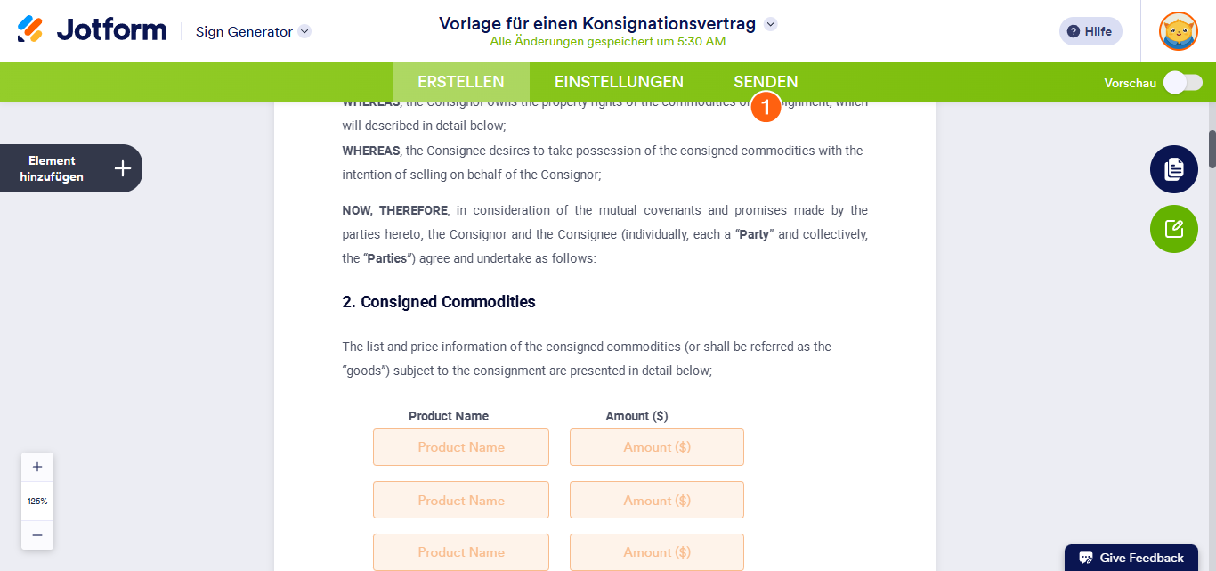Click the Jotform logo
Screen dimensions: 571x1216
point(92,30)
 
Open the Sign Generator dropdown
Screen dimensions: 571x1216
point(304,31)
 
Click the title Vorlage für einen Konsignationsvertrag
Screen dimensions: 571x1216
point(597,23)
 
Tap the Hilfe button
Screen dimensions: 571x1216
point(1090,31)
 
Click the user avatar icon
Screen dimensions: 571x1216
point(1178,31)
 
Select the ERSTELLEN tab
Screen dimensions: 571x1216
point(461,82)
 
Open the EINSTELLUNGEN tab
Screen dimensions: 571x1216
point(619,82)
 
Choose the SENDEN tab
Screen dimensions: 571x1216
point(766,82)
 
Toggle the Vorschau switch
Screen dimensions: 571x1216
point(1183,83)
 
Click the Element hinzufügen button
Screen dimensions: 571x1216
point(70,168)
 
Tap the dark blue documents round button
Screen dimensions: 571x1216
point(1173,169)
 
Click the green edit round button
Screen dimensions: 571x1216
point(1173,229)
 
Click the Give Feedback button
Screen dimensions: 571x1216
point(1131,558)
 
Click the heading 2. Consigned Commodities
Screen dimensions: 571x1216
point(439,302)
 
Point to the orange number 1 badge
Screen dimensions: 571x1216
point(766,107)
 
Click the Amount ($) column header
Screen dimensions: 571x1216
point(636,416)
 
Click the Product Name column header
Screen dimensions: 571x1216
point(449,416)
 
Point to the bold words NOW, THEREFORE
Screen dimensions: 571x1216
point(395,210)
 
